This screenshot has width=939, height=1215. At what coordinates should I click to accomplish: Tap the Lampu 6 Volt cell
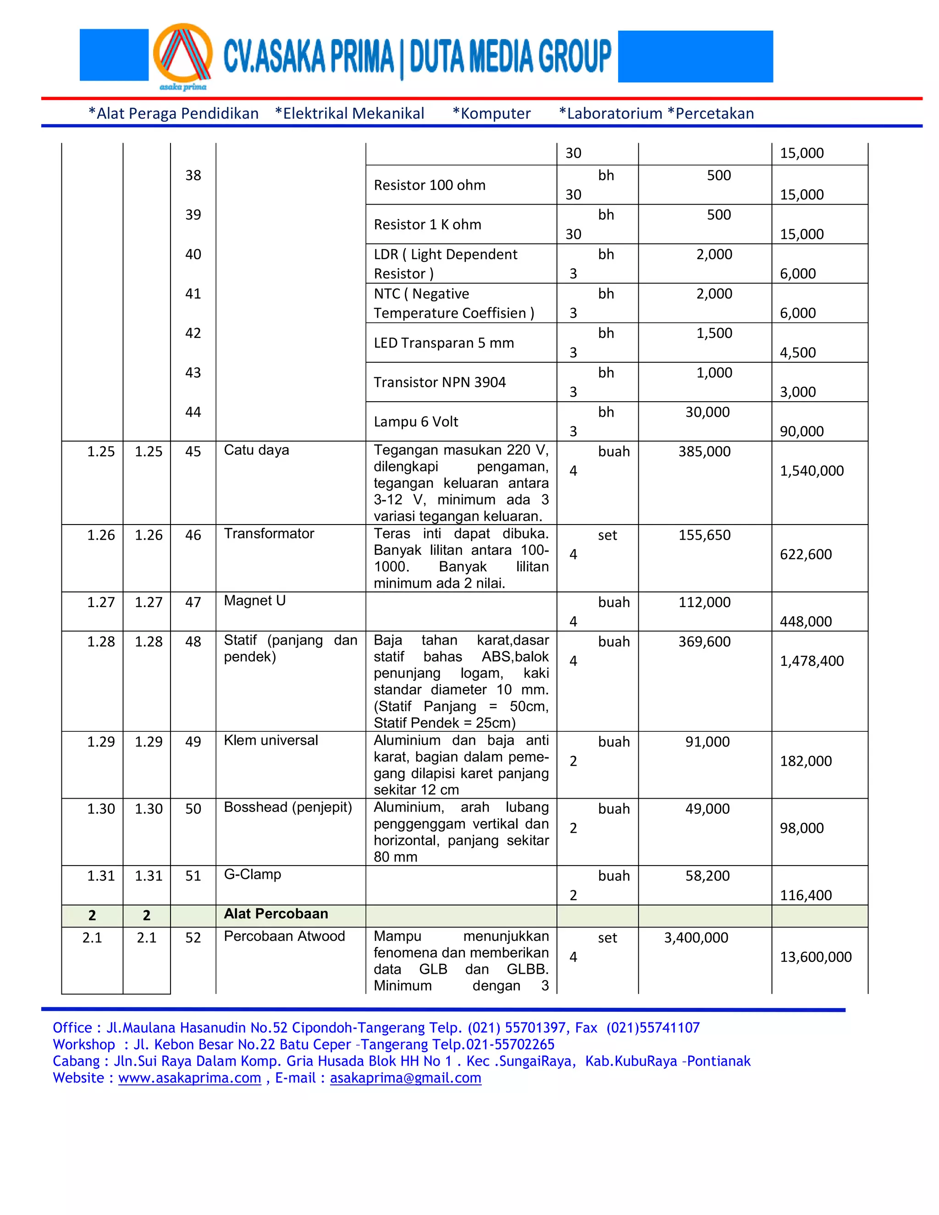415,422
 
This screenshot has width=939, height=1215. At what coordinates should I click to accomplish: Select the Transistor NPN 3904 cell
439,382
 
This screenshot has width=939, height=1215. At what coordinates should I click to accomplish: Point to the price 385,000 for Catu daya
704,451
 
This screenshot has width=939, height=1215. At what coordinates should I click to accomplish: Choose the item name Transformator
269,534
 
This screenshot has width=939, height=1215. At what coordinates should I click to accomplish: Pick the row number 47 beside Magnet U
193,602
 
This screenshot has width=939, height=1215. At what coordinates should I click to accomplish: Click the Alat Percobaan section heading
276,913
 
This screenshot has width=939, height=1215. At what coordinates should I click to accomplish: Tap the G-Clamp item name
252,874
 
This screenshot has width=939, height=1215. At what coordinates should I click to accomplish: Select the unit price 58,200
707,876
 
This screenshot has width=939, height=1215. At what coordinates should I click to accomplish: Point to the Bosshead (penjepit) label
287,807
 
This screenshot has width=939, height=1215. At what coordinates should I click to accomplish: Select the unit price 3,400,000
696,938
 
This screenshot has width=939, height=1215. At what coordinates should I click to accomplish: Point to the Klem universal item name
271,740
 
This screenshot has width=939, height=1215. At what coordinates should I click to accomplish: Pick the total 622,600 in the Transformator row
806,554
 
